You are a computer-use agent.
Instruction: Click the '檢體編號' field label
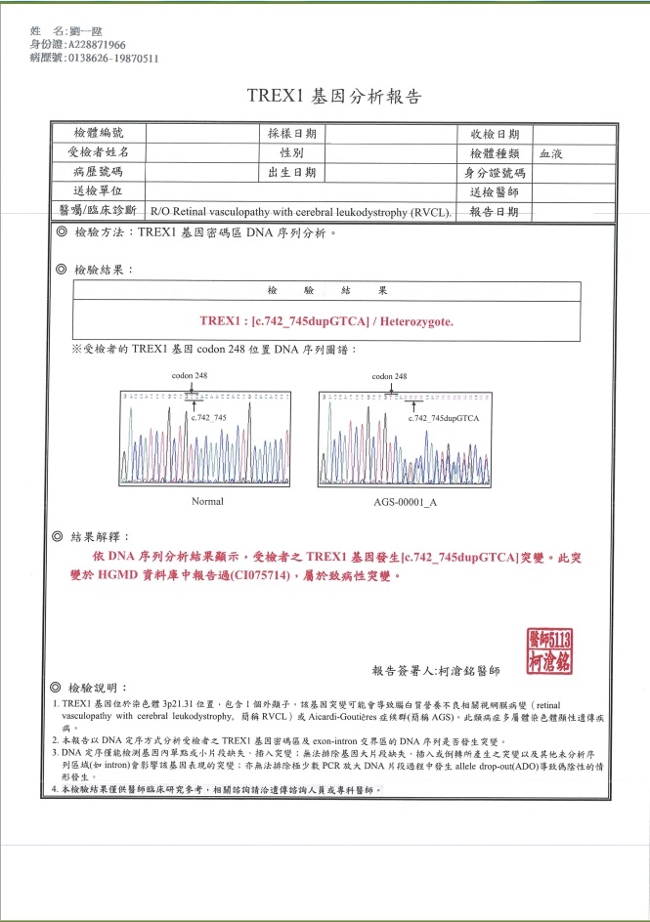pyautogui.click(x=99, y=134)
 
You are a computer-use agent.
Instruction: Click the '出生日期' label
pyautogui.click(x=291, y=172)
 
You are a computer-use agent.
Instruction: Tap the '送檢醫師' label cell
pyautogui.click(x=495, y=192)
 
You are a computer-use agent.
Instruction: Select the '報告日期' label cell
pyautogui.click(x=495, y=211)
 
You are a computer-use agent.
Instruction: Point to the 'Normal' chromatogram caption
pyautogui.click(x=207, y=501)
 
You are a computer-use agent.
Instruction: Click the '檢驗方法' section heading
pyautogui.click(x=106, y=233)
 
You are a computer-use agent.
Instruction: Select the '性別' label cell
pyautogui.click(x=291, y=153)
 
